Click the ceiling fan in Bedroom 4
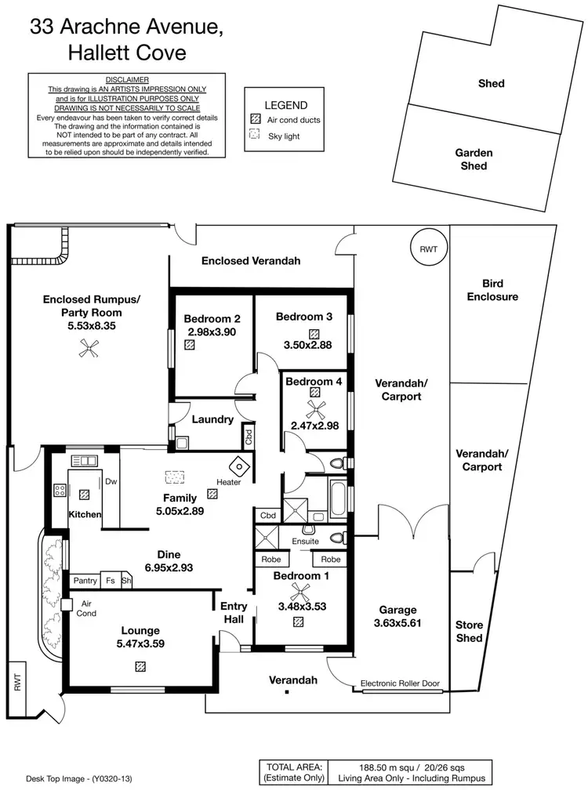[315, 408]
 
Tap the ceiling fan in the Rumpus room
[84, 353]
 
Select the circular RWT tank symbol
[428, 248]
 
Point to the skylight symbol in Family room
[172, 476]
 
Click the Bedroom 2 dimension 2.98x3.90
[212, 332]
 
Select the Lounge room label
[140, 630]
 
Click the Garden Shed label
[474, 159]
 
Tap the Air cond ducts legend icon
[255, 120]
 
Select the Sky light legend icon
[255, 136]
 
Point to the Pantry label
[85, 581]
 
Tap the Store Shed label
[470, 631]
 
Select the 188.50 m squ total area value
[356, 766]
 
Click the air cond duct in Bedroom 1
[299, 622]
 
